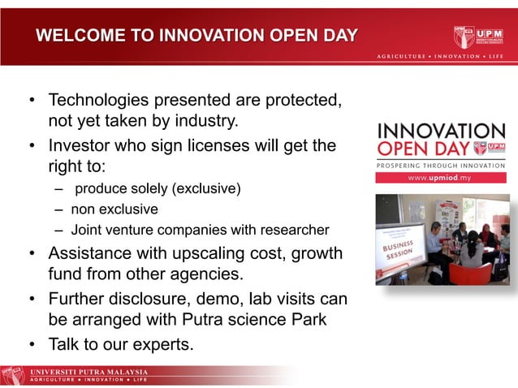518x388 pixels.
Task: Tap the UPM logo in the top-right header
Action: (x=479, y=37)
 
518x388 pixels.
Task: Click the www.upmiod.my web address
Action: (x=440, y=177)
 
